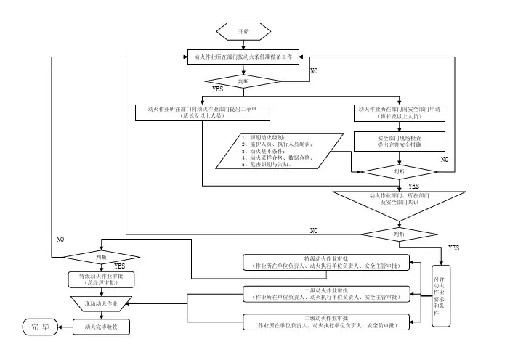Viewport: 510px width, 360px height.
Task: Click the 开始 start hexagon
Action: tap(244, 31)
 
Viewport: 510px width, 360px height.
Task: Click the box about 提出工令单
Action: tap(203, 112)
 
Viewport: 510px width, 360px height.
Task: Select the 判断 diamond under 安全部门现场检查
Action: tap(398, 171)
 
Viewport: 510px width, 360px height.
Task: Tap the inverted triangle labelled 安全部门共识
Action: tap(398, 200)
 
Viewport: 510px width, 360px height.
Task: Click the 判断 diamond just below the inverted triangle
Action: tap(398, 234)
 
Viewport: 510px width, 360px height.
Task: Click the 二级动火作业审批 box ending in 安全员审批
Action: tap(325, 322)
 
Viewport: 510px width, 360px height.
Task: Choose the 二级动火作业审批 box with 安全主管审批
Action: tap(325, 294)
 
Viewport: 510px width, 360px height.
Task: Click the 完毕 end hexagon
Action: tap(40, 327)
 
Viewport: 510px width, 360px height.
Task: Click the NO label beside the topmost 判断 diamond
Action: tap(314, 71)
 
